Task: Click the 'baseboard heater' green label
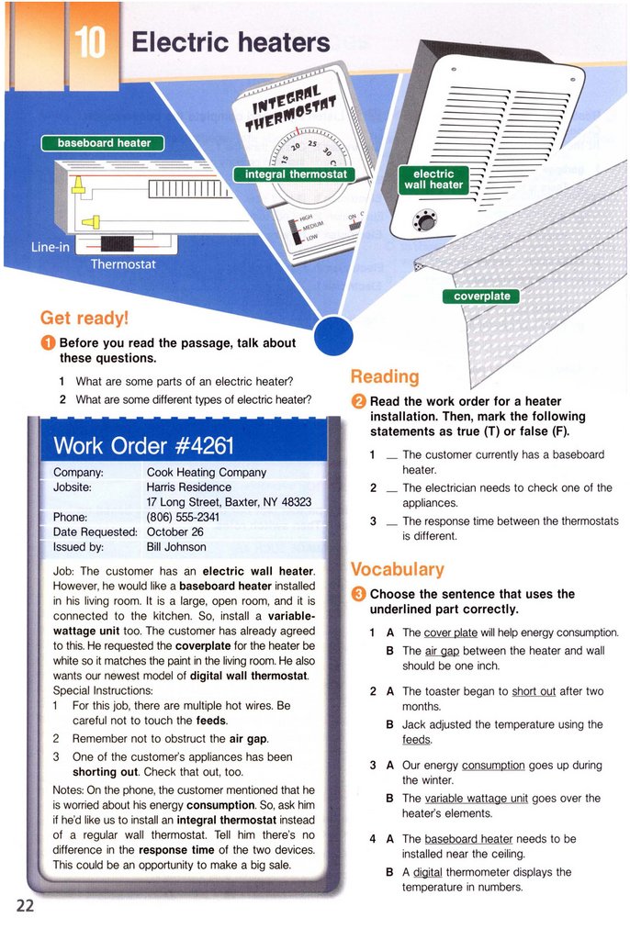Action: coord(104,142)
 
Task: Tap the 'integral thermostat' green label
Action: coord(295,174)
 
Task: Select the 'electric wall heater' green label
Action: coord(433,179)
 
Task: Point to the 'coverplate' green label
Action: coord(482,296)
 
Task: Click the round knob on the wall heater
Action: coord(425,220)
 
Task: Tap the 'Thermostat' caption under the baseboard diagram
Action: coord(123,264)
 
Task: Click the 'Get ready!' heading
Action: coord(84,318)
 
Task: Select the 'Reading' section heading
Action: coord(385,376)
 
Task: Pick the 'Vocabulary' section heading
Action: coord(398,569)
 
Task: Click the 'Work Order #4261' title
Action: coord(144,446)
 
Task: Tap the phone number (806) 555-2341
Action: coord(183,517)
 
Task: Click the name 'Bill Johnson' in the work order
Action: coord(176,547)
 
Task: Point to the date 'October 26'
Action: coord(174,532)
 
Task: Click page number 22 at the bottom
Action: coord(25,905)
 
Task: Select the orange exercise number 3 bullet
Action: coord(359,594)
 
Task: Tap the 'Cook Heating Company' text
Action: coord(207,472)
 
